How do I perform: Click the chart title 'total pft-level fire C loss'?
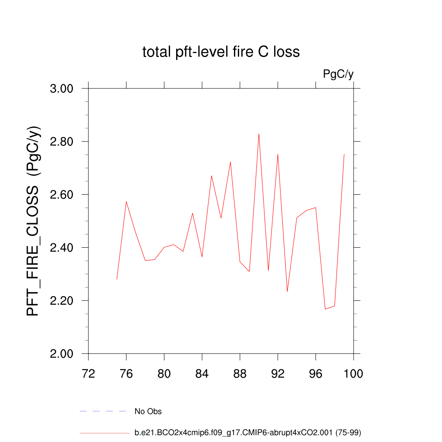(x=221, y=52)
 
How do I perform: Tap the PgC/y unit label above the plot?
(x=338, y=74)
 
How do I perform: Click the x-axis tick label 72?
(x=88, y=373)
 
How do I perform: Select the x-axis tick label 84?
(x=202, y=373)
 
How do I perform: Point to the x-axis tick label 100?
(x=354, y=373)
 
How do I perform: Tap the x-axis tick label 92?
(x=278, y=373)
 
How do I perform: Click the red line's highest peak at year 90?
(x=259, y=134)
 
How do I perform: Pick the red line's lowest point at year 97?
(x=325, y=309)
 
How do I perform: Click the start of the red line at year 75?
(x=117, y=279)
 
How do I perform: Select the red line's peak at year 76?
(x=126, y=202)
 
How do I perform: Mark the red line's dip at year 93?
(x=287, y=292)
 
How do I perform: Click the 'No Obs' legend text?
(x=148, y=412)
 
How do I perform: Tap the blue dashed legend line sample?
(x=103, y=412)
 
